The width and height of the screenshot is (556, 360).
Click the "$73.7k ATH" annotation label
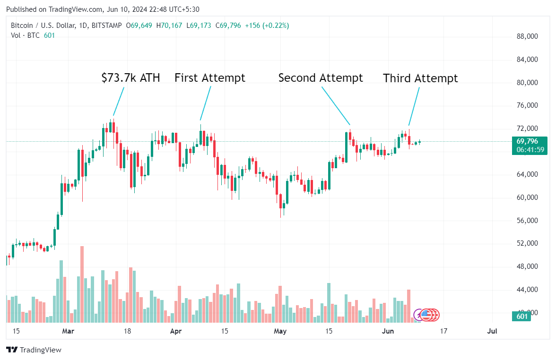130,78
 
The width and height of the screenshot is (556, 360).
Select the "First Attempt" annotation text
210,78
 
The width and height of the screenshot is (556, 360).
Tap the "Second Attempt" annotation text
321,78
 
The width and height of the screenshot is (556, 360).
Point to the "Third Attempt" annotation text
420,78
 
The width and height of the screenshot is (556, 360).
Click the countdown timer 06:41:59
530,150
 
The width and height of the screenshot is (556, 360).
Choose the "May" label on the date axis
280,331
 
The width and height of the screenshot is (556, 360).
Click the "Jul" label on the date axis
492,331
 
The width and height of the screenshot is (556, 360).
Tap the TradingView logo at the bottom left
34,350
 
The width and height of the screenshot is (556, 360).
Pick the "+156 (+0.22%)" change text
267,26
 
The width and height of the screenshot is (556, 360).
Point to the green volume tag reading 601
521,317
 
